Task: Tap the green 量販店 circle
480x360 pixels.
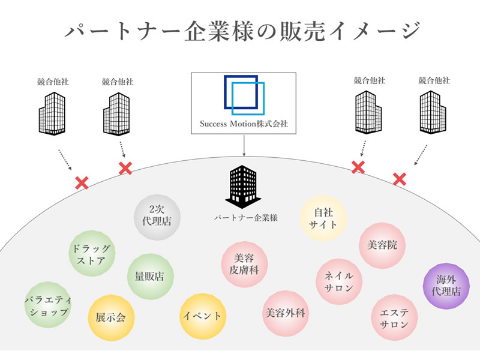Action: pos(150,277)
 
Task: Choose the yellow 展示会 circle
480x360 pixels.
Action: pos(111,317)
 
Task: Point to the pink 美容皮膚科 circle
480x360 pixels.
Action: pos(244,265)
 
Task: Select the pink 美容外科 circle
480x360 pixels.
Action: pos(285,313)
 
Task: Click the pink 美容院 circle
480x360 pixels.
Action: pos(382,244)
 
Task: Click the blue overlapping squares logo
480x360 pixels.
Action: pos(244,95)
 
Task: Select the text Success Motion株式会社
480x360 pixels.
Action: pos(244,125)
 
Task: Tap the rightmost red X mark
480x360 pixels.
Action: pos(399,178)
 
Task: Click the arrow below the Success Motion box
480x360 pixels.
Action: pos(244,146)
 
